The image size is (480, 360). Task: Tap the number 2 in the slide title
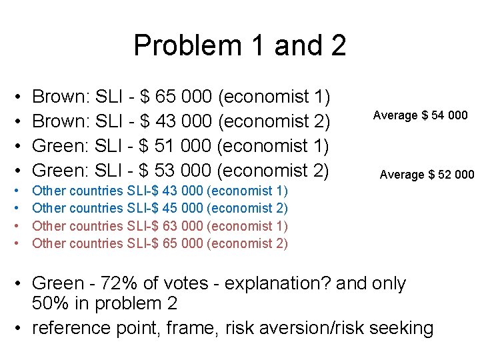337,46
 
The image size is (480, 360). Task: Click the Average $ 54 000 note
420,115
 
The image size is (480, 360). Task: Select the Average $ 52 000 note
427,175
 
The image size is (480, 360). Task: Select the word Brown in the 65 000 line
61,97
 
